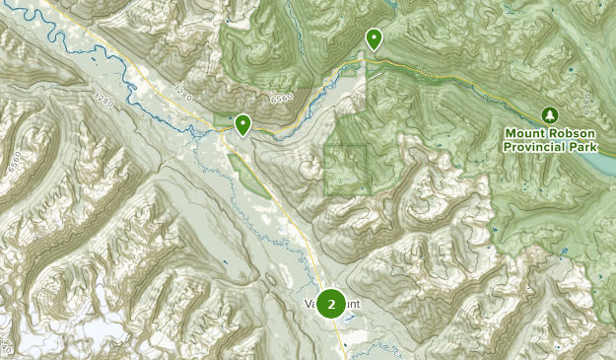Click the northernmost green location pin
[x=374, y=38]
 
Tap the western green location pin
[x=241, y=123]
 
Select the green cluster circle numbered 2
[x=331, y=304]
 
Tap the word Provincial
[x=533, y=146]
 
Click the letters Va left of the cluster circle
[x=311, y=304]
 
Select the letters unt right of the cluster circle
[x=354, y=304]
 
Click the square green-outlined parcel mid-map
[x=345, y=169]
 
